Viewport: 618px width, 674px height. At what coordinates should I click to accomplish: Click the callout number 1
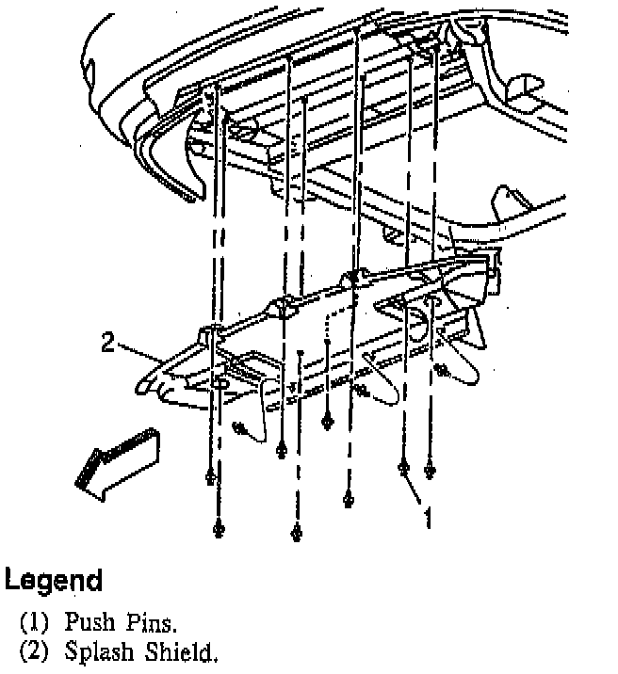pos(429,517)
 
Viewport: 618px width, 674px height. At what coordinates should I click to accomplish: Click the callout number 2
pos(108,344)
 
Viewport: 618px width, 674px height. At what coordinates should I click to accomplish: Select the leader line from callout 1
pos(415,491)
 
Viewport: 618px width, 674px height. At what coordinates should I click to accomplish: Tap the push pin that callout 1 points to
pos(403,468)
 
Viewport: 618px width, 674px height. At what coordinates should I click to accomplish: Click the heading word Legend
pos(54,579)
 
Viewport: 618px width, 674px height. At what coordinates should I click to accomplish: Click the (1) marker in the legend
pos(35,622)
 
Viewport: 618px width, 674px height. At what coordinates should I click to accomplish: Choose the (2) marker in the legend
pos(35,651)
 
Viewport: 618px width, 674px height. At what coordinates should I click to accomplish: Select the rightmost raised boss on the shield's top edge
pos(354,277)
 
